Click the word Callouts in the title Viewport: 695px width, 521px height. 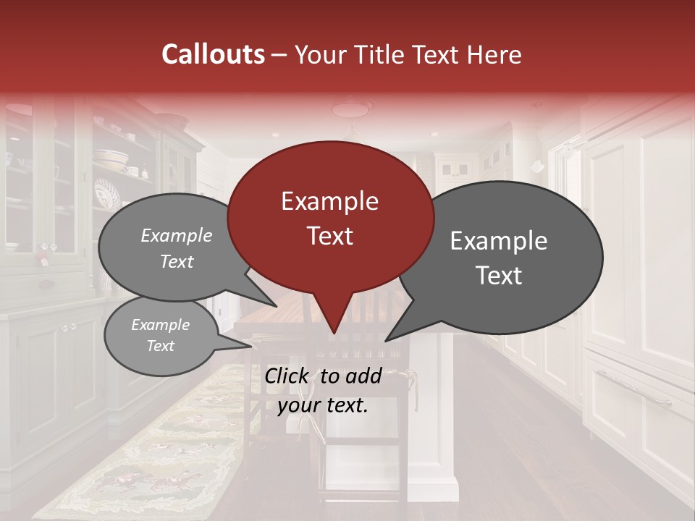213,54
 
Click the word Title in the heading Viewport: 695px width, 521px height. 379,54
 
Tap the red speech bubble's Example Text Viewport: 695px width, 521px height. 330,218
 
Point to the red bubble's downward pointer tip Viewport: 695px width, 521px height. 334,334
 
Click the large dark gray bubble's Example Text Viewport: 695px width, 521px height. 499,258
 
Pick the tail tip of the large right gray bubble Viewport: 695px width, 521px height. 386,340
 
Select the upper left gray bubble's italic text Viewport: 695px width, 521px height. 177,248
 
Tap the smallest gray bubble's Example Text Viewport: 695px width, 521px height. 160,335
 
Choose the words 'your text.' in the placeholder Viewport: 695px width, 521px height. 323,405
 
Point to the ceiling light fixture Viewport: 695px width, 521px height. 351,108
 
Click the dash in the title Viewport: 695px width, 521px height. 279,55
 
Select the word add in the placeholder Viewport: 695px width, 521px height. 365,376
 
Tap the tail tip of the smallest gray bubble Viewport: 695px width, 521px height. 251,347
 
